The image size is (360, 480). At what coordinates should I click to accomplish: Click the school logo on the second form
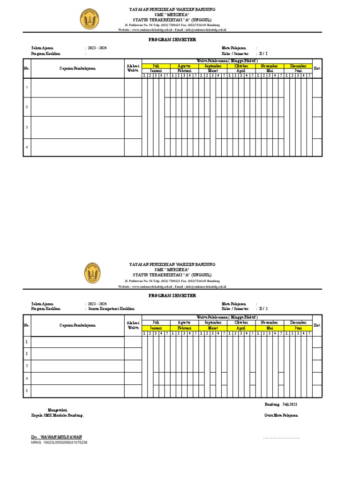point(92,273)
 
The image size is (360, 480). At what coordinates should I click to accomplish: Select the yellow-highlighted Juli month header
point(156,66)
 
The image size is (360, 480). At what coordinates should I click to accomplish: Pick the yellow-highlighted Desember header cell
point(298,66)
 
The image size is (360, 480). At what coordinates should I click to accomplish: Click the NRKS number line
point(59,442)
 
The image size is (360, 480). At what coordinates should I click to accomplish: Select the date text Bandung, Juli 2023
point(281,404)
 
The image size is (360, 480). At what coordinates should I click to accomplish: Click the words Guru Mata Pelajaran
point(281,415)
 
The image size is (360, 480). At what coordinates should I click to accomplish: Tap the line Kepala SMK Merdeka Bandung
point(57,415)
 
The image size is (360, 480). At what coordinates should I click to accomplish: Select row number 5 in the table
point(27,390)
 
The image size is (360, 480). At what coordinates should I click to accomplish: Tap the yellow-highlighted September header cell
point(213,66)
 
